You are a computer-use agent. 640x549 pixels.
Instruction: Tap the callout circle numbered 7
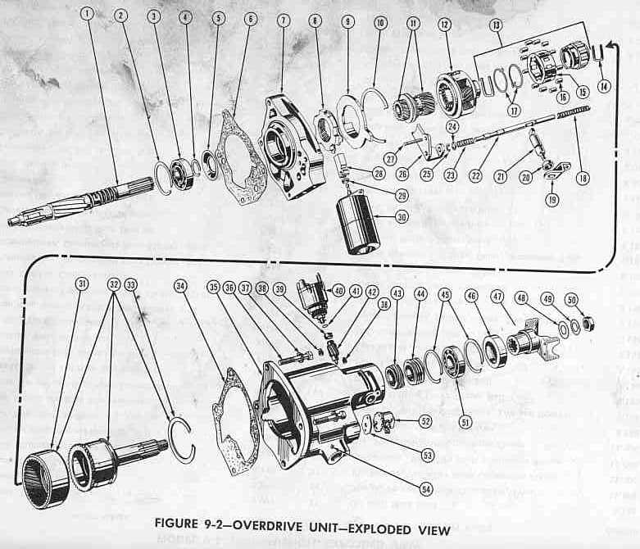coord(283,18)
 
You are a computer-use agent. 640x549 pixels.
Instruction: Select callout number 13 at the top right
coord(496,25)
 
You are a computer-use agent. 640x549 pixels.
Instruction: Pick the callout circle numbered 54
coord(425,489)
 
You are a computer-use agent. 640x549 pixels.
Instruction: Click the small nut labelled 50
coord(588,324)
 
